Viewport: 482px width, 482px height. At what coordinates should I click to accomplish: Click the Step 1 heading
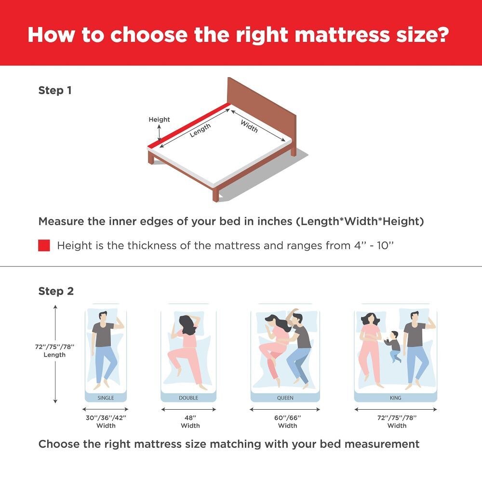point(55,91)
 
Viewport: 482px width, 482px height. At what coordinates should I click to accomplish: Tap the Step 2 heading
point(56,292)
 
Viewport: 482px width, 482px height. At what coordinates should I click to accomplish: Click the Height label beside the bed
point(159,120)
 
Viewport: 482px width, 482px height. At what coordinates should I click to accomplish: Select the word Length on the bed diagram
point(200,130)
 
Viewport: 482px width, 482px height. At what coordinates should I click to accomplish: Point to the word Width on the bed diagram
point(249,126)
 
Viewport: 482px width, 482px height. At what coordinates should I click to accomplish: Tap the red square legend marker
point(44,246)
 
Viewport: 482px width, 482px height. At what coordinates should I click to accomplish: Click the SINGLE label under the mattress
point(106,398)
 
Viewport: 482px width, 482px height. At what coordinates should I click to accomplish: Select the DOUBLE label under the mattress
point(188,398)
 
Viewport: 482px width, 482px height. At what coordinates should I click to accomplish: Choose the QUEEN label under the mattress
point(285,398)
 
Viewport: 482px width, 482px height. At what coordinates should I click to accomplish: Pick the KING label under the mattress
point(395,398)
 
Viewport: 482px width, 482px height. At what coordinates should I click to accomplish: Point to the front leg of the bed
point(215,194)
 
